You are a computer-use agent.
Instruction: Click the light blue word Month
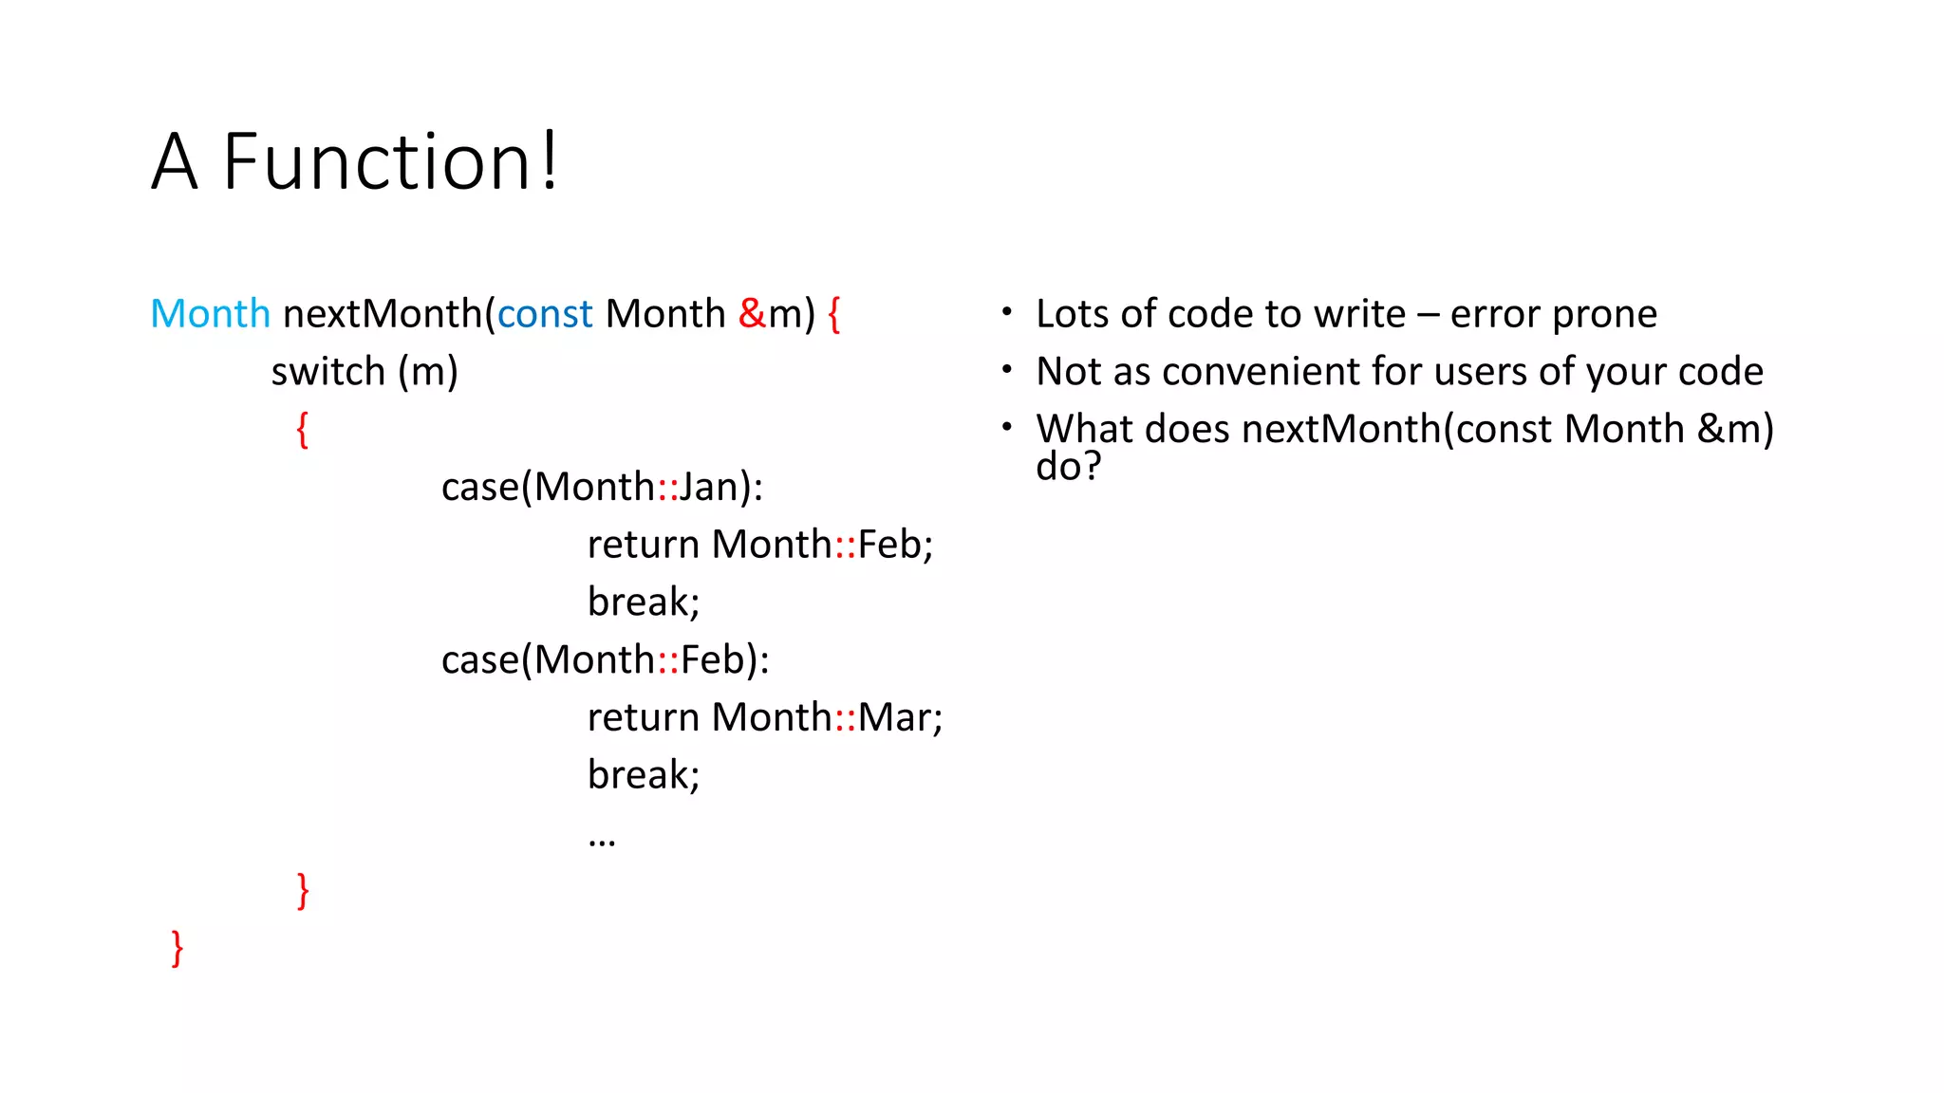click(210, 314)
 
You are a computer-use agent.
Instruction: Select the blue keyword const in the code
click(544, 314)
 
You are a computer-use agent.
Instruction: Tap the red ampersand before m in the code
click(752, 314)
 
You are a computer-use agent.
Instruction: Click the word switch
click(327, 372)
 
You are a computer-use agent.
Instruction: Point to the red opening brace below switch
click(302, 430)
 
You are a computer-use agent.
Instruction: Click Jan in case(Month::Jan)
click(708, 488)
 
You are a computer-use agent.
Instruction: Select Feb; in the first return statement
click(895, 545)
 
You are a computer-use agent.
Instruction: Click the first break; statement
click(643, 602)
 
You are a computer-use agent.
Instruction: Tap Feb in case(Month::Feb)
click(712, 660)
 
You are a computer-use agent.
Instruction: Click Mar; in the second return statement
click(899, 717)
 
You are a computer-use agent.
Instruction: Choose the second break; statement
click(643, 775)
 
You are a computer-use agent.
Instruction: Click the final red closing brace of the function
click(177, 948)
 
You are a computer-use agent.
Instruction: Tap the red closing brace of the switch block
click(302, 891)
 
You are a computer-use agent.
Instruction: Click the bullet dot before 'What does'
click(1006, 428)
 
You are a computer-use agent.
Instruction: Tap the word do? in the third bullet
click(1068, 467)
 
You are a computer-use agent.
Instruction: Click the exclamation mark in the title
click(550, 162)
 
